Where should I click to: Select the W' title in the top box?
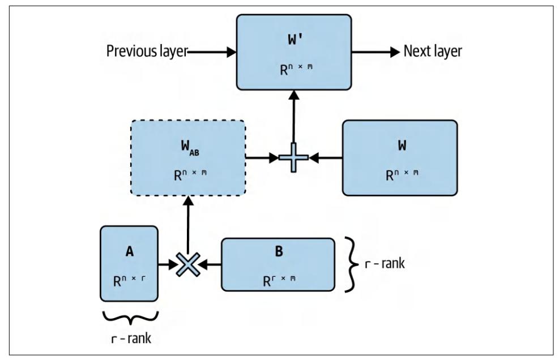(293, 42)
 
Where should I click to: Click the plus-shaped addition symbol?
(293, 158)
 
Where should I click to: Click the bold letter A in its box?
(129, 252)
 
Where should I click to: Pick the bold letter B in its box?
(279, 252)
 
